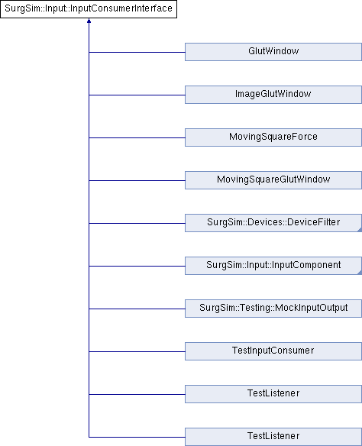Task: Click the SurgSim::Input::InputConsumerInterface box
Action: [x=89, y=9]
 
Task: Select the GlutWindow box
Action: [x=273, y=52]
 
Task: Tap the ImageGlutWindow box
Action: [x=273, y=95]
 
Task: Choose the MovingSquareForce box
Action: [x=273, y=137]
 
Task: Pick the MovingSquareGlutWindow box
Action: [x=273, y=180]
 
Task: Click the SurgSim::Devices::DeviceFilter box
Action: [x=273, y=223]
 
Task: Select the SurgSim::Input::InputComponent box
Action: [x=273, y=266]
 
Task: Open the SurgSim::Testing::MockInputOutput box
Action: [x=273, y=309]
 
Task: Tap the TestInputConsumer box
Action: [x=273, y=351]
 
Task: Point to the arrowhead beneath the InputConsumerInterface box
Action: [x=89, y=21]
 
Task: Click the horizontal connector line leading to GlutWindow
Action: [x=137, y=53]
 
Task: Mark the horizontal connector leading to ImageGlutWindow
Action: [x=137, y=95]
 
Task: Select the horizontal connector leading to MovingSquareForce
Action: [x=137, y=138]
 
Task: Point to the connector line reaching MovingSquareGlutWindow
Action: [x=137, y=181]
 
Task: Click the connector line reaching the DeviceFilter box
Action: [x=137, y=223]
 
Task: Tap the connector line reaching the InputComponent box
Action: [x=137, y=267]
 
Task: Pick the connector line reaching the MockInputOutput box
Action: [x=137, y=309]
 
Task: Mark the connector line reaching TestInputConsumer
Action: [x=137, y=351]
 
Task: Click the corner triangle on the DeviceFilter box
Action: [x=360, y=230]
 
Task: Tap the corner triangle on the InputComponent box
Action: [x=360, y=273]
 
